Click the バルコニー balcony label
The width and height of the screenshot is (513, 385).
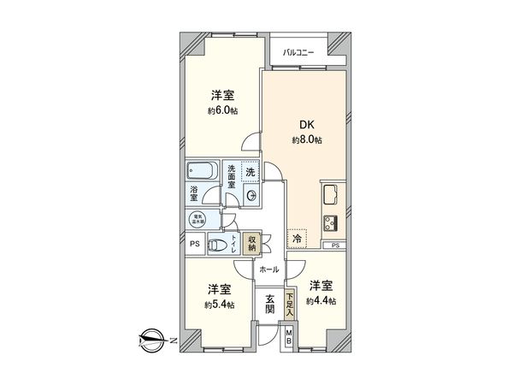tap(299, 53)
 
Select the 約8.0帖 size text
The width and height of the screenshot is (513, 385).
tap(305, 139)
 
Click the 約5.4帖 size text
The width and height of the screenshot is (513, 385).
tap(220, 304)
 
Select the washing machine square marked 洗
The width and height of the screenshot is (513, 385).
tap(250, 171)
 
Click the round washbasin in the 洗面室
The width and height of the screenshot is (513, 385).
tap(252, 196)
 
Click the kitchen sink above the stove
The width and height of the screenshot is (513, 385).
tap(331, 192)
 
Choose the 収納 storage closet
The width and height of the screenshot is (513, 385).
tap(251, 243)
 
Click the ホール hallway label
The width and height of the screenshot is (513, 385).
tap(268, 269)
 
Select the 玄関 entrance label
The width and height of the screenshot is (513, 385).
tap(269, 305)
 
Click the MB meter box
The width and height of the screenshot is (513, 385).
tap(289, 336)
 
